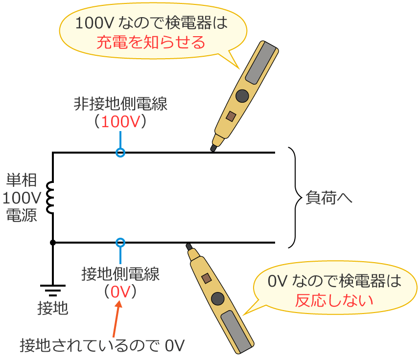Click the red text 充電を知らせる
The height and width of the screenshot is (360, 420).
tap(151, 43)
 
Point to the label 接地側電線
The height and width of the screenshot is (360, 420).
tap(120, 274)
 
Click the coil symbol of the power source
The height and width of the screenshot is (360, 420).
tap(50, 198)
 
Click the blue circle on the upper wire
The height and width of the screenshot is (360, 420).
tap(120, 153)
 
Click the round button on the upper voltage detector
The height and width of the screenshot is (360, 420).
tap(242, 95)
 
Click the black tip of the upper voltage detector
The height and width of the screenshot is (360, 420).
tap(213, 147)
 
